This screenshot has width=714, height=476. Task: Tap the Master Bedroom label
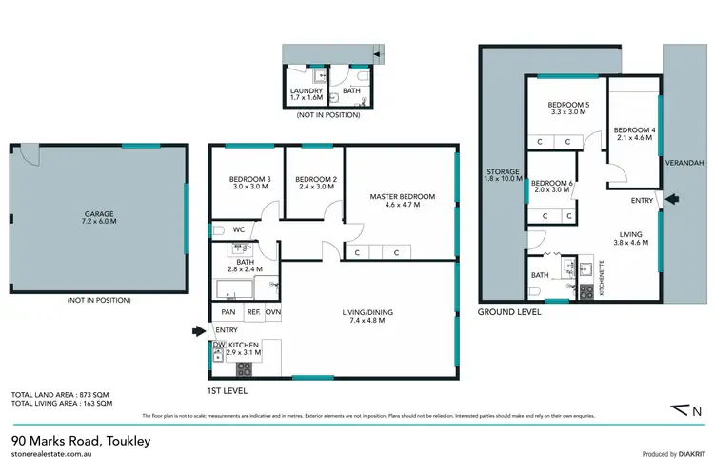click(402, 197)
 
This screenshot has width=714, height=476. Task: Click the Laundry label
click(307, 91)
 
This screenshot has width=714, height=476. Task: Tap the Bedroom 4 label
click(634, 129)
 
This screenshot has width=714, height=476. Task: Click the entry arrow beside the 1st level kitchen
click(199, 331)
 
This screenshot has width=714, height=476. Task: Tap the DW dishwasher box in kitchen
click(218, 345)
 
